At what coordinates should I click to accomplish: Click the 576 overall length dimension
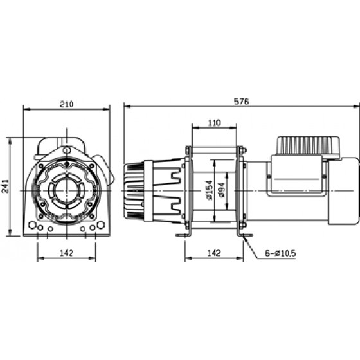[x=241, y=102]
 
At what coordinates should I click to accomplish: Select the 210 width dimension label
[x=67, y=104]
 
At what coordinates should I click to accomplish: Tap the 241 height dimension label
[x=5, y=186]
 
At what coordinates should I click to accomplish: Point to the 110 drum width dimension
[x=214, y=123]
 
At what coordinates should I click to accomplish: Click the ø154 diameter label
[x=210, y=190]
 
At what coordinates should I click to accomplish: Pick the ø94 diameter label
[x=221, y=190]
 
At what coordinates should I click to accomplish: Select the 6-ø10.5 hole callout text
[x=280, y=253]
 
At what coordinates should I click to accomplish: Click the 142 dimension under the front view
[x=66, y=253]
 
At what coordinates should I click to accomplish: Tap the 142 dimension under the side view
[x=214, y=253]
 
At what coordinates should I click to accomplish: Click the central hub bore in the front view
[x=67, y=190]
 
